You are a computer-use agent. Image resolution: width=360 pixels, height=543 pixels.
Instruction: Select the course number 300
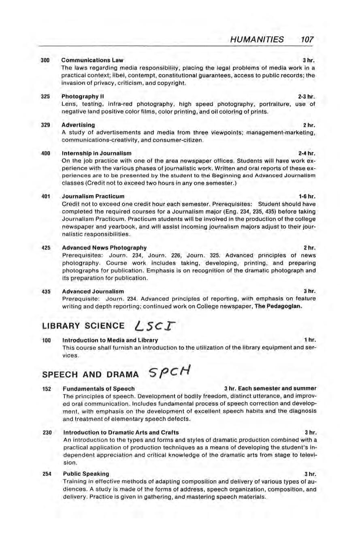(x=45, y=60)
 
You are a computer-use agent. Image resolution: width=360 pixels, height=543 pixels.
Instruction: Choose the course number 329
(x=45, y=125)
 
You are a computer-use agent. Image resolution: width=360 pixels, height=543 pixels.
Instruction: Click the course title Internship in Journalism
(x=96, y=153)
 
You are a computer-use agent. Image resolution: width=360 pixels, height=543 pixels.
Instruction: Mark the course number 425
(x=45, y=247)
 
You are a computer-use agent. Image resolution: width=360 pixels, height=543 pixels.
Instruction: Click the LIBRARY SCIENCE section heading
(x=83, y=326)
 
